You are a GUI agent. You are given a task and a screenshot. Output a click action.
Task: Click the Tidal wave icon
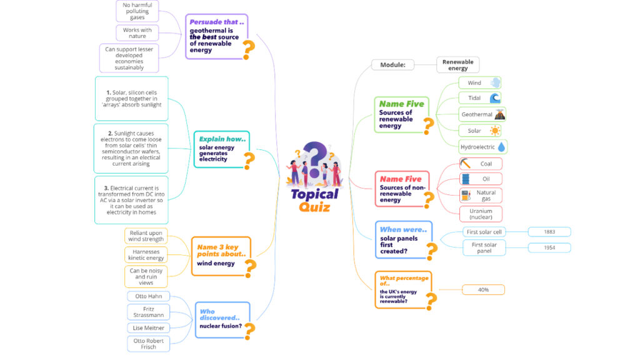495,98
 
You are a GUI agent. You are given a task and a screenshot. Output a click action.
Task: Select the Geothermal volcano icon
499,115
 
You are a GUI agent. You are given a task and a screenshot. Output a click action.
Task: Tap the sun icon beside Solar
495,131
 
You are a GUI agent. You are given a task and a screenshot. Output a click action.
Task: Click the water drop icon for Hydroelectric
501,146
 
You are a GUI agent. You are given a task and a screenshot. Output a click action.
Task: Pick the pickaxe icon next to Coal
465,164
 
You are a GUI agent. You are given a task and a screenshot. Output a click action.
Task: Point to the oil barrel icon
465,179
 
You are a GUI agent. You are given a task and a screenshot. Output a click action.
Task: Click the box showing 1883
549,232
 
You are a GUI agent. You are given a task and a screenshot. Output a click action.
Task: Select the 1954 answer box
549,247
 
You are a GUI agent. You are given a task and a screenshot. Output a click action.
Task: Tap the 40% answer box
483,290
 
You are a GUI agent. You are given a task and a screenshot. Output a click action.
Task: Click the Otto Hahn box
149,296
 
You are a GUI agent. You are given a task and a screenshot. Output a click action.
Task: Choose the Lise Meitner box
149,327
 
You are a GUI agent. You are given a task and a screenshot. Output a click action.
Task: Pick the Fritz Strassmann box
149,312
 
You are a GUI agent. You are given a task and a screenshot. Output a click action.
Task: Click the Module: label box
392,65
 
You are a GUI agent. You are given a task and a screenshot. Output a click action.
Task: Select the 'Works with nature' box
137,33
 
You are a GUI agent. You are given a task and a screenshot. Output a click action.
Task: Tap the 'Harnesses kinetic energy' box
146,255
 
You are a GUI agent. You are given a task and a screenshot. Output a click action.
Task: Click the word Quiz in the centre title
314,207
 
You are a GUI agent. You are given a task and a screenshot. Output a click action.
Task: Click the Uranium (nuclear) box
481,214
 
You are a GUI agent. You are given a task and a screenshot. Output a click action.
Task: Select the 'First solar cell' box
484,232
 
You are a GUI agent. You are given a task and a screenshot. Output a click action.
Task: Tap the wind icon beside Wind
495,82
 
